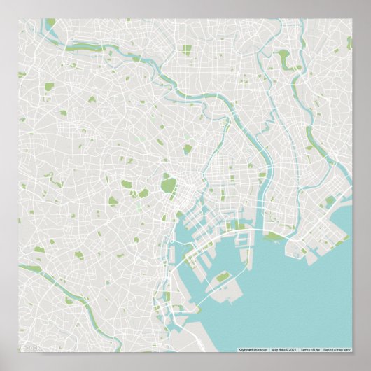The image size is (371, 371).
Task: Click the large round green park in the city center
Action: click(169, 185)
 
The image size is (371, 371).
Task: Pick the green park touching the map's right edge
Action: click(348, 43)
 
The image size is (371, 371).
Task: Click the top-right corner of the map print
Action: click(352, 18)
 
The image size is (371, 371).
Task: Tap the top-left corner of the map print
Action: click(19, 18)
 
